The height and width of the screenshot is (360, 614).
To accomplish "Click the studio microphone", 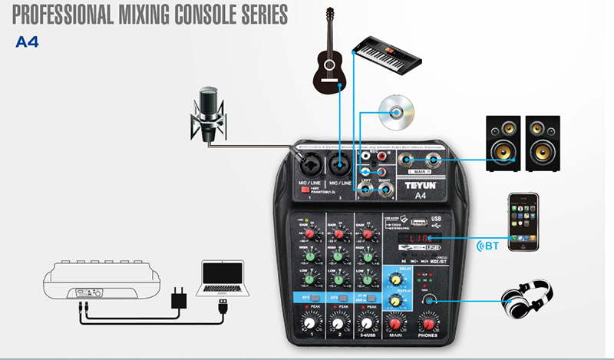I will pyautogui.click(x=209, y=112).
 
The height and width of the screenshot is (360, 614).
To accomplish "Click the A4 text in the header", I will pyautogui.click(x=27, y=43).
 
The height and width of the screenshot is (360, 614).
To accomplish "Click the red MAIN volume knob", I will pyautogui.click(x=396, y=323).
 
